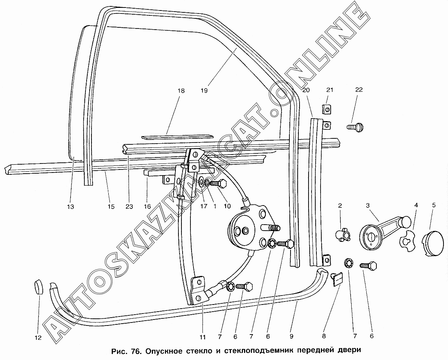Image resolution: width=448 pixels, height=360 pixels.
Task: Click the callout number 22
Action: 359,90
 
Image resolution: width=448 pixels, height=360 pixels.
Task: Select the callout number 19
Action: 204,90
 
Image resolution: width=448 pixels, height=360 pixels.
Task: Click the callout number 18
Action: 181,90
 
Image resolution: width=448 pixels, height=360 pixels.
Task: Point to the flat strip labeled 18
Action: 176,136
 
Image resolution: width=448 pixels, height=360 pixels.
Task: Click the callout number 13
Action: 70,206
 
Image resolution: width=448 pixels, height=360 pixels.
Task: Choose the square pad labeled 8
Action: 338,279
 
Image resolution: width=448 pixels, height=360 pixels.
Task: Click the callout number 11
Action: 203,337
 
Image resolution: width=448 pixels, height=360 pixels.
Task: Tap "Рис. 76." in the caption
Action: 126,351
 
